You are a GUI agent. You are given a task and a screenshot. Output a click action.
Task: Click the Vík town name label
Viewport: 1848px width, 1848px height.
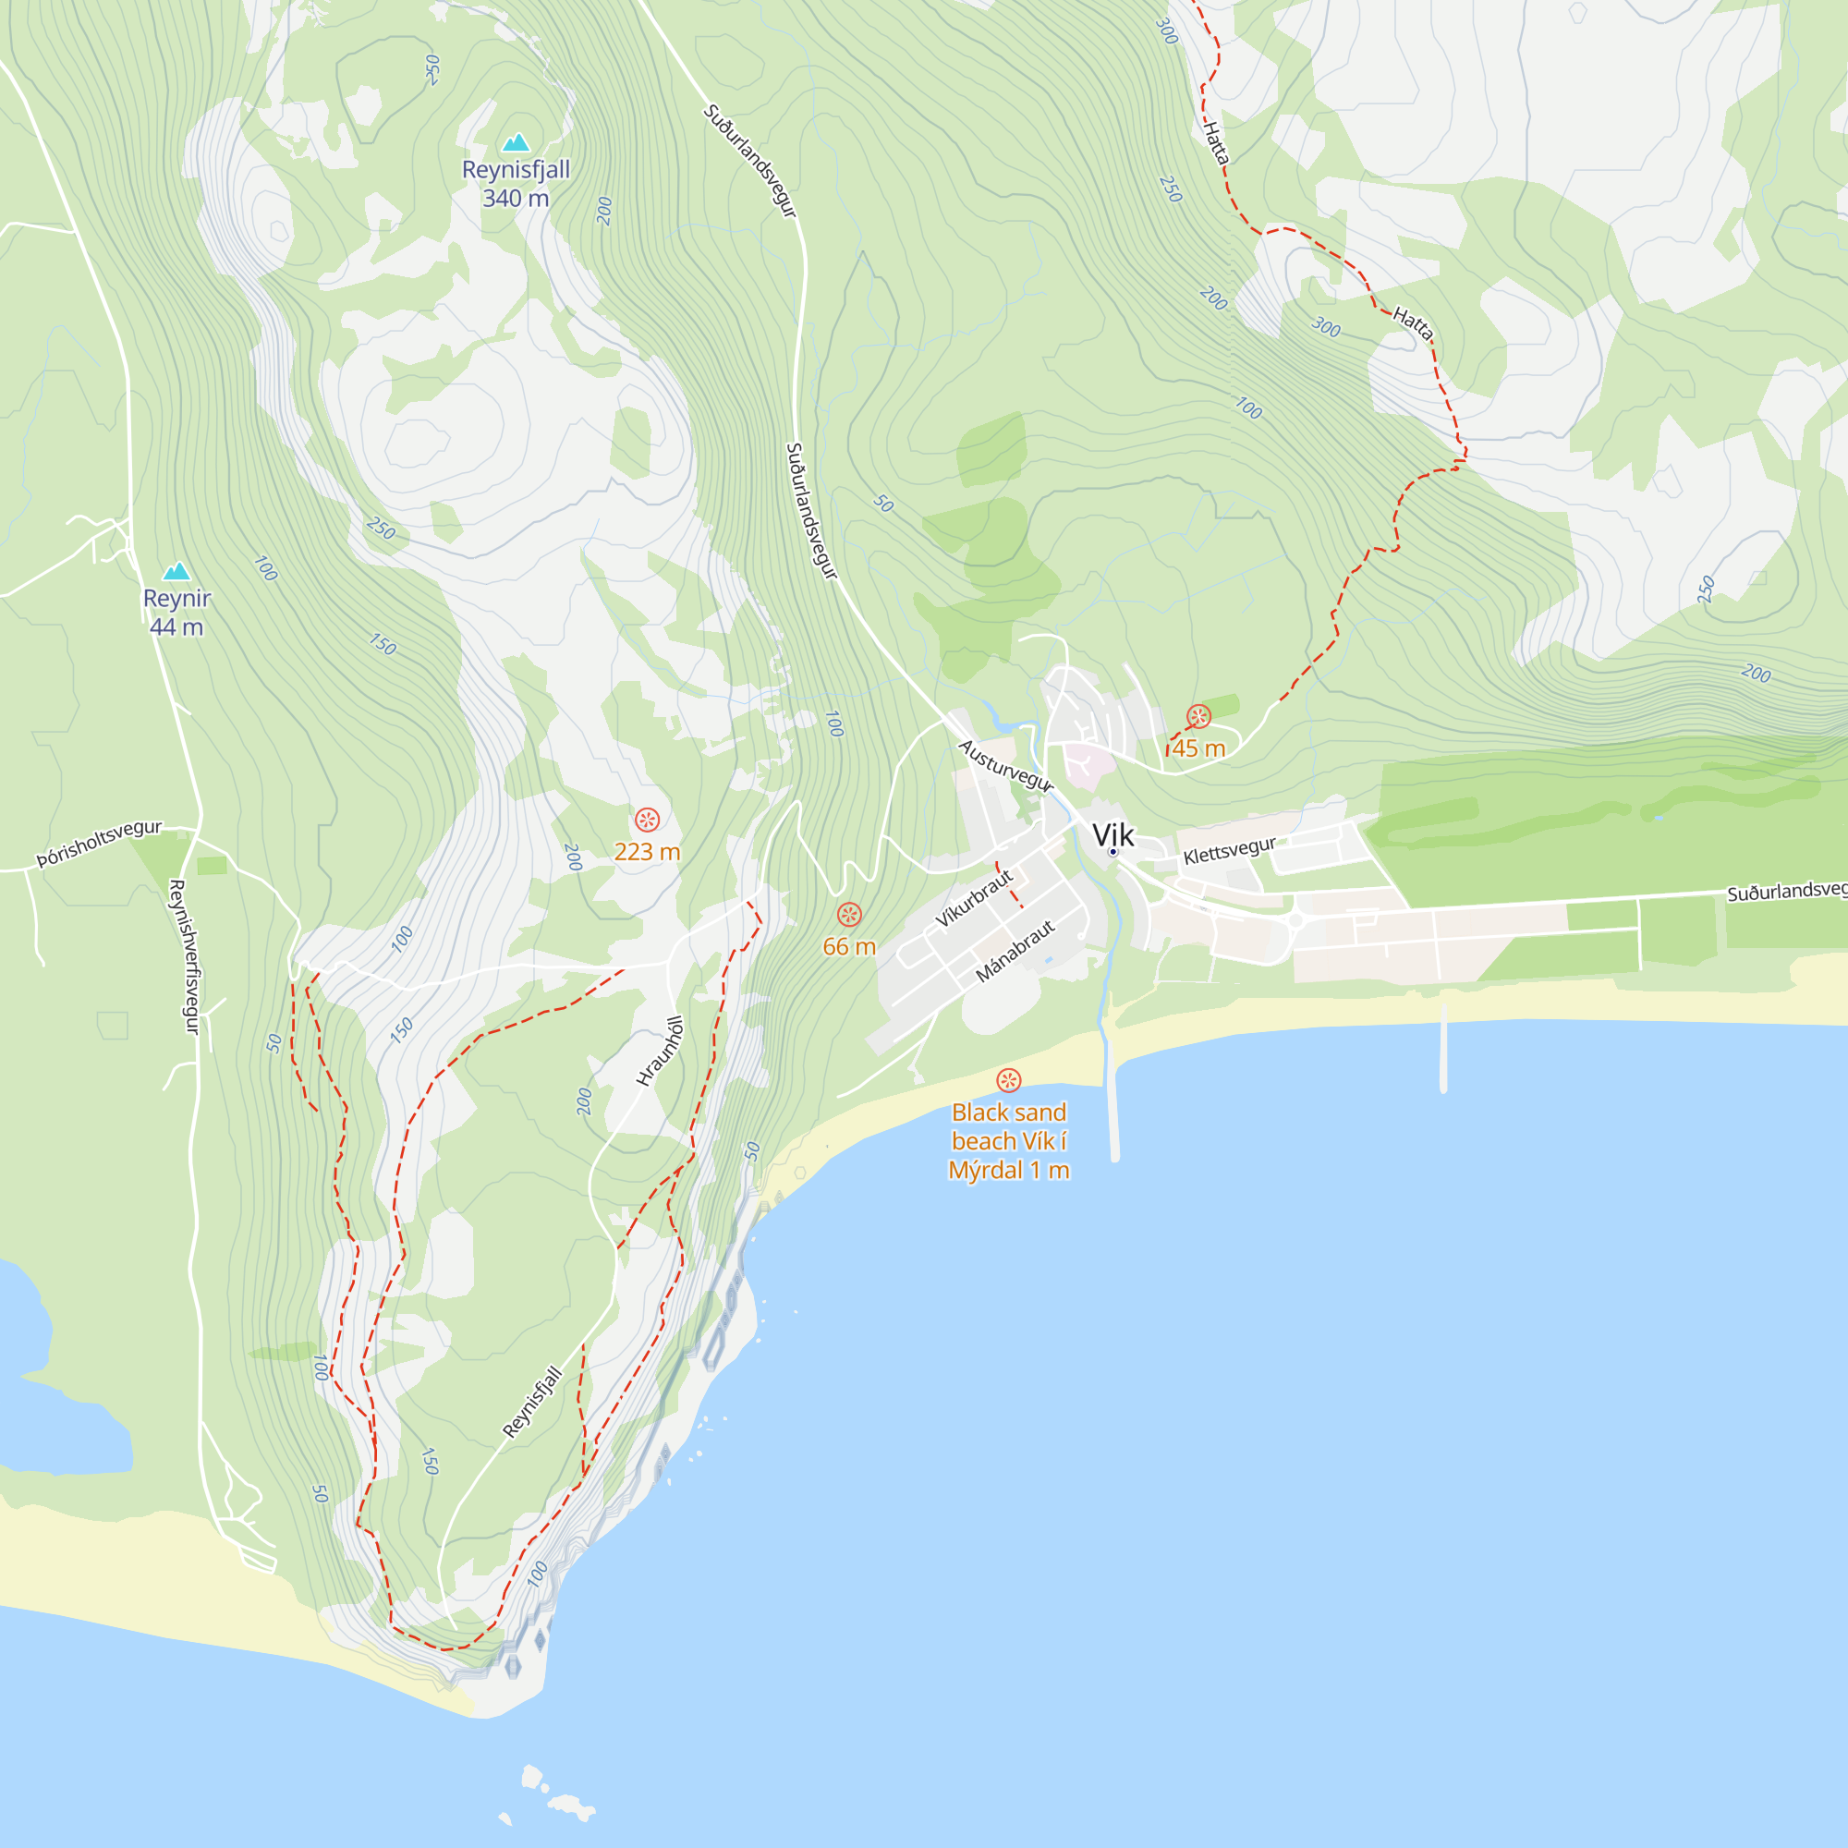point(1112,834)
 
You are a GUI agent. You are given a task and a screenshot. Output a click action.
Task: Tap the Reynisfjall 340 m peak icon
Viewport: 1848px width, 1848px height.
point(517,142)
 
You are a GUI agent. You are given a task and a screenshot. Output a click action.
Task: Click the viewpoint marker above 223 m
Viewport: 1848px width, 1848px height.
point(648,820)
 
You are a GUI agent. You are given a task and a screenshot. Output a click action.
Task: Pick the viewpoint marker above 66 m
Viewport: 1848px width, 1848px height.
point(849,915)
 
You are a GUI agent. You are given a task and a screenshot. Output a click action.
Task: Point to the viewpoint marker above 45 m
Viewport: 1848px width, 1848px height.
point(1198,716)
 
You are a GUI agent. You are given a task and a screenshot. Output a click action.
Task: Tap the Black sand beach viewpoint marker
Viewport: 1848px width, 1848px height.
point(1008,1081)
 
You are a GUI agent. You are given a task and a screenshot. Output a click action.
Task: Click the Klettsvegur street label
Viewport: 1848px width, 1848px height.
point(1229,849)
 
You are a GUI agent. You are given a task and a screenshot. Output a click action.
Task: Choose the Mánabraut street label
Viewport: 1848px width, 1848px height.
point(1015,951)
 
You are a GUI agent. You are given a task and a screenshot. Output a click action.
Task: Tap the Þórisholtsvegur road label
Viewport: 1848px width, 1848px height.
point(100,843)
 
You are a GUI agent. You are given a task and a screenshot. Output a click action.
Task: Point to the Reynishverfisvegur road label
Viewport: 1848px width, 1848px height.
point(183,956)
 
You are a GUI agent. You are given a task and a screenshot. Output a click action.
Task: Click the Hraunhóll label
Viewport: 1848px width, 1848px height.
point(660,1051)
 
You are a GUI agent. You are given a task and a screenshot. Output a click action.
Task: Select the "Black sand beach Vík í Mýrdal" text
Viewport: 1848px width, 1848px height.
point(1008,1141)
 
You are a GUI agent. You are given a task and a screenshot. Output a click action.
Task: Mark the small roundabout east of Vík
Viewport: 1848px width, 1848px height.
point(1296,920)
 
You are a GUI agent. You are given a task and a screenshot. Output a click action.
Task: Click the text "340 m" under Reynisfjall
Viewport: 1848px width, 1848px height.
point(516,199)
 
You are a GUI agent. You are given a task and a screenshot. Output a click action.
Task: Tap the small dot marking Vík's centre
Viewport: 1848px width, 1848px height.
point(1112,851)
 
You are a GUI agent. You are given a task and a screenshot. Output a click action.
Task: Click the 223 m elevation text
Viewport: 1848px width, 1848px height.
point(648,851)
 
